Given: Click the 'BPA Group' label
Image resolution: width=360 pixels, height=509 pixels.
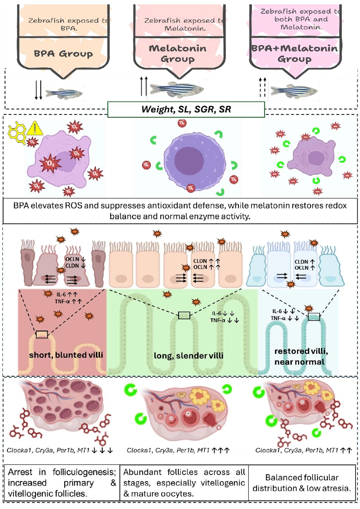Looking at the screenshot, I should [x=63, y=54].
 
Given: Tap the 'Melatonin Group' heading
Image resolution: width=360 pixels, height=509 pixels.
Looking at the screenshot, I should [x=178, y=53].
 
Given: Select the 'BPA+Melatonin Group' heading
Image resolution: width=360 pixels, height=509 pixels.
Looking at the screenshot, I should [x=295, y=53].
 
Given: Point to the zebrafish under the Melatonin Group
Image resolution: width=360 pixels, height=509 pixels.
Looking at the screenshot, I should [x=177, y=89].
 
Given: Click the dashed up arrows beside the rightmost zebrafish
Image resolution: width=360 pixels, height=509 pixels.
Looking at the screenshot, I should [x=262, y=87].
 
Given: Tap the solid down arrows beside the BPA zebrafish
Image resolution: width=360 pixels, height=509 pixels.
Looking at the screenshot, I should [x=38, y=90].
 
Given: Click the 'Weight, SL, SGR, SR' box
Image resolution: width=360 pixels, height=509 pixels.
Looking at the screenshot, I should [x=186, y=109].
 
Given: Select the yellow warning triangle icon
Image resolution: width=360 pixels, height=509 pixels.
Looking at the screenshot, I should [x=34, y=129].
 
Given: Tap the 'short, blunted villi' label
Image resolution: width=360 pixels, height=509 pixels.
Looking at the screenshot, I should [x=66, y=355].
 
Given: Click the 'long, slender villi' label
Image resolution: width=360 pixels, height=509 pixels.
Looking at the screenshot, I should [x=188, y=356].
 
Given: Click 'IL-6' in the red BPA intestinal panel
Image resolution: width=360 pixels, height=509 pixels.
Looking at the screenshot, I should [x=61, y=294].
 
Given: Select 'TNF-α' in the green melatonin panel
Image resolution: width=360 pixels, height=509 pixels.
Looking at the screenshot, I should [x=218, y=320].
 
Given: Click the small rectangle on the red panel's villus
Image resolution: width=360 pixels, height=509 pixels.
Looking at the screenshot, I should [x=42, y=334].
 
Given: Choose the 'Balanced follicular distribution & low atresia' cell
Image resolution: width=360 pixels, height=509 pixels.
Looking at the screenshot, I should [x=302, y=483].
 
